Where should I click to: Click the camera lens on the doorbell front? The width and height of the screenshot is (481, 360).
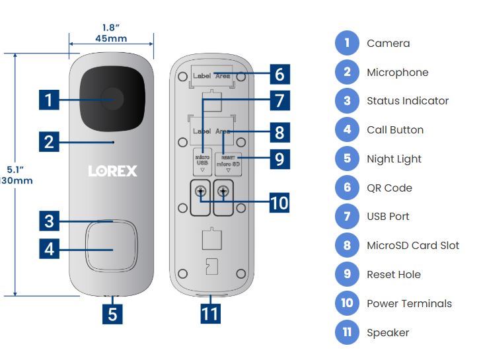tap(112, 100)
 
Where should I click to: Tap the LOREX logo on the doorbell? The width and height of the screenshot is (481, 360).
tap(113, 171)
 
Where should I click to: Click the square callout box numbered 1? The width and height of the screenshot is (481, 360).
tap(48, 100)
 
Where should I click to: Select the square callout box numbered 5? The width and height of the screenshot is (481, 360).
tap(112, 313)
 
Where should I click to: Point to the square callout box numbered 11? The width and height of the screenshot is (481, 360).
tap(210, 313)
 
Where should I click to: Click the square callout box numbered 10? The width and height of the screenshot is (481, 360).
tap(279, 202)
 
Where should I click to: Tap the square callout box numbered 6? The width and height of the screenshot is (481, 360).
tap(279, 74)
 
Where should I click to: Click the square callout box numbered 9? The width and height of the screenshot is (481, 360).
tap(279, 159)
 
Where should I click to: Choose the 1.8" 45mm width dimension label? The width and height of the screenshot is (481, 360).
tap(111, 33)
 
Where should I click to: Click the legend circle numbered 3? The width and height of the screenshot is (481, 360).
tap(347, 101)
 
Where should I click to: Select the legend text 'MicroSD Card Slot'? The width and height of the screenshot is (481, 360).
tap(413, 246)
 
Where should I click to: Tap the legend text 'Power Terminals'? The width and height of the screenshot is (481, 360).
tap(409, 304)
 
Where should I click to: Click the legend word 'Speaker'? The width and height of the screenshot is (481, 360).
tap(388, 333)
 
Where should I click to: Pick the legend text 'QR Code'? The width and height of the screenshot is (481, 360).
tap(389, 188)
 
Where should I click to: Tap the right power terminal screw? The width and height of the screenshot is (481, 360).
tap(224, 192)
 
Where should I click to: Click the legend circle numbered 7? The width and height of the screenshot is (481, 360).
tap(347, 217)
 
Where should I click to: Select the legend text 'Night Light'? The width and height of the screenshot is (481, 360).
tap(394, 159)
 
